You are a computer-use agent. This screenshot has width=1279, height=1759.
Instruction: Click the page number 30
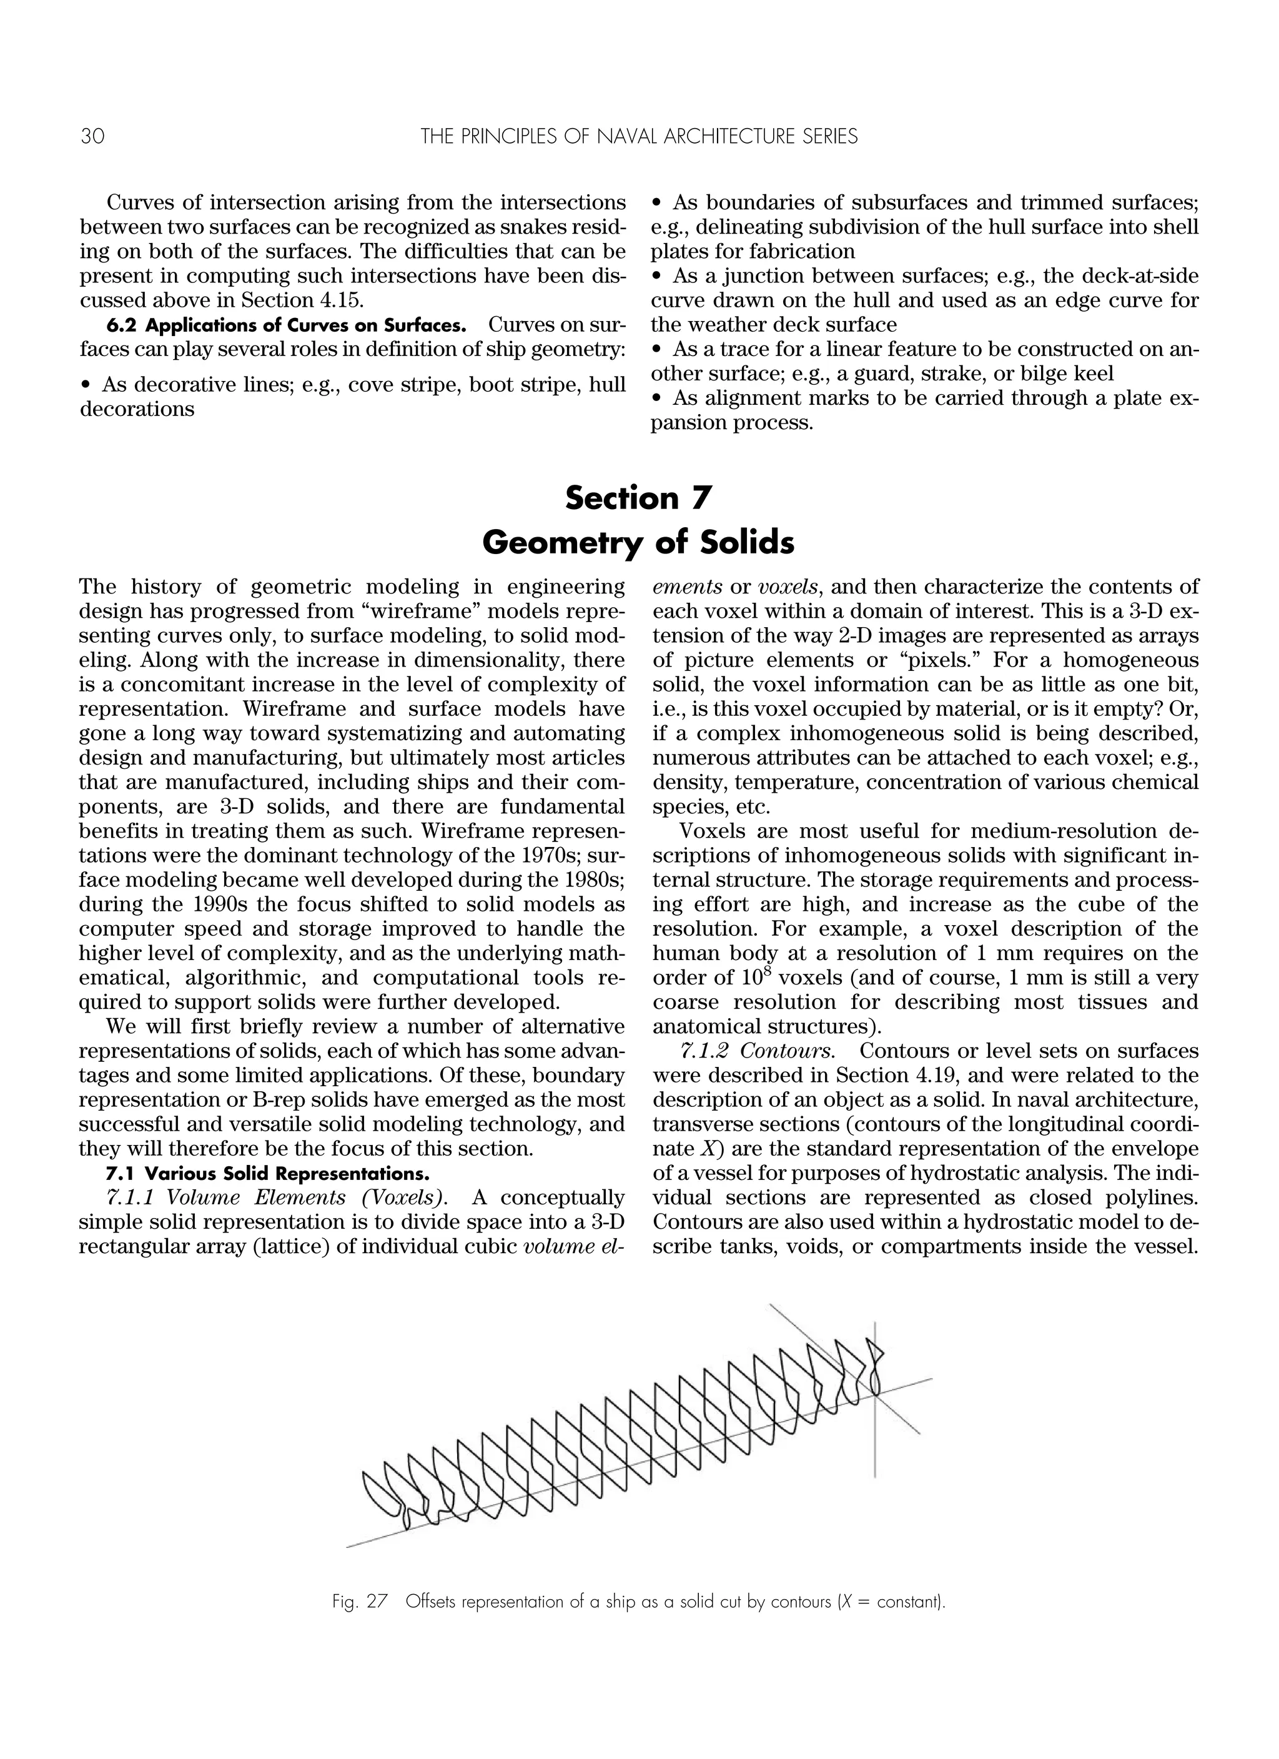(x=92, y=137)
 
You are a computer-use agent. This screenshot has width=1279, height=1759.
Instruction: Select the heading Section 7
(x=638, y=498)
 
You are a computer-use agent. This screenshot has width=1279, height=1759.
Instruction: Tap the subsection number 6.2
(x=121, y=325)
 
